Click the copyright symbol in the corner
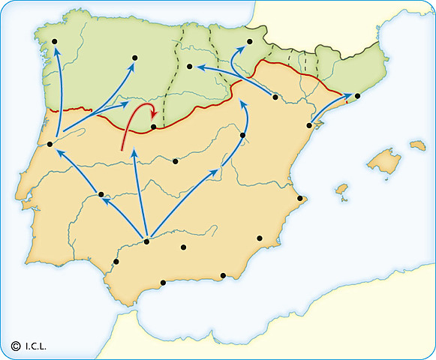[x=15, y=346]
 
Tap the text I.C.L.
[x=36, y=346]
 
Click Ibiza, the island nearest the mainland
[x=341, y=188]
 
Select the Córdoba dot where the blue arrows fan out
[x=147, y=241]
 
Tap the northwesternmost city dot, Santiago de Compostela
[x=54, y=42]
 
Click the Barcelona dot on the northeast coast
[x=357, y=96]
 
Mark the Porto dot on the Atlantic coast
[x=50, y=144]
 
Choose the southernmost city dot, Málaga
[x=164, y=283]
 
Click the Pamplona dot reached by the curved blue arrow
[x=250, y=42]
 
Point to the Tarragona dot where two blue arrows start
[x=308, y=126]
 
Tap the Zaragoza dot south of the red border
[x=275, y=97]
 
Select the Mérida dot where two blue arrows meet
[x=101, y=195]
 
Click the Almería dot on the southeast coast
[x=224, y=276]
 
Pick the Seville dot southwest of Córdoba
[x=116, y=262]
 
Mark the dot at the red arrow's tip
[x=153, y=127]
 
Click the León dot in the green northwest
[x=134, y=57]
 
